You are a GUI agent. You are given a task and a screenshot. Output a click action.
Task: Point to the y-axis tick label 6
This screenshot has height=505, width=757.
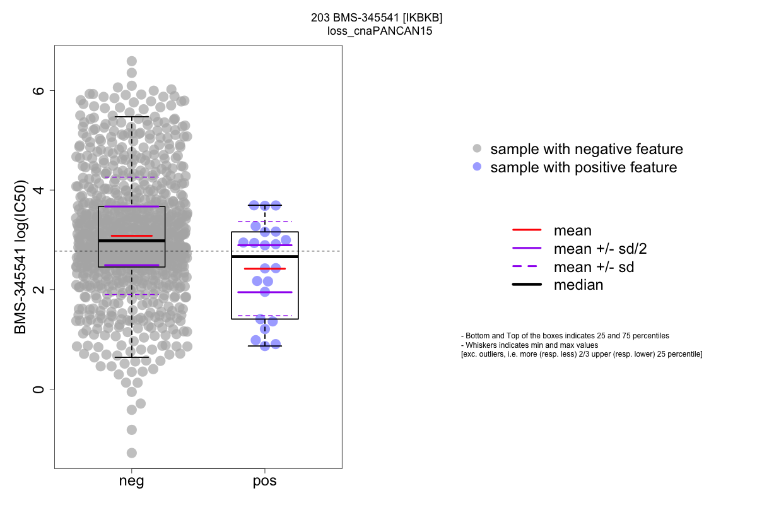[39, 91]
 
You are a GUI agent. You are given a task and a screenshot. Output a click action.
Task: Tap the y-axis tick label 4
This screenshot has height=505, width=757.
[39, 190]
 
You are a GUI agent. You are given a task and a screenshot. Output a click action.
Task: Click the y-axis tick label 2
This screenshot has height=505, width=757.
[39, 290]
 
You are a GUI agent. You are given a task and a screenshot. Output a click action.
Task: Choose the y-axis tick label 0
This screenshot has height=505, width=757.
[39, 389]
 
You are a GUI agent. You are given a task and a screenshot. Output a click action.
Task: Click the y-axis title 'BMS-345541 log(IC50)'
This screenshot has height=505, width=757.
[21, 258]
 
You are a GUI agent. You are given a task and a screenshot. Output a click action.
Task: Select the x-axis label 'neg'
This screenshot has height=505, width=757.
[131, 482]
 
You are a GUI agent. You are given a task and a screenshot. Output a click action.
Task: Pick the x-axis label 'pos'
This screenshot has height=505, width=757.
[265, 482]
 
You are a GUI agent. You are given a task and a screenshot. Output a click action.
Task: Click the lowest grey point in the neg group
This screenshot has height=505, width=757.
[132, 453]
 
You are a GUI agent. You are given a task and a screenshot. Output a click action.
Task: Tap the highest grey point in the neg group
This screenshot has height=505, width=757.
[132, 61]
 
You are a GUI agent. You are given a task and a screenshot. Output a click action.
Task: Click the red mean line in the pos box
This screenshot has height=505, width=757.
[265, 269]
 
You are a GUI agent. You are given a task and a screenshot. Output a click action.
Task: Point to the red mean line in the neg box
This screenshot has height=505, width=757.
[132, 236]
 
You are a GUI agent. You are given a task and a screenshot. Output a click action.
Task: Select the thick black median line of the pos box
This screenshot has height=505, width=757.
[265, 257]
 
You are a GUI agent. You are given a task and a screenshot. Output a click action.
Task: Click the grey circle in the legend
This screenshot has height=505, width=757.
[478, 149]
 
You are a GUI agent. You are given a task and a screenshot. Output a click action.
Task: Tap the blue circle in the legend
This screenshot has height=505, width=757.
[478, 167]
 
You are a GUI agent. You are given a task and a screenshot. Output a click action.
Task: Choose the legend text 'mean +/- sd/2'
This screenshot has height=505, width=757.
[600, 249]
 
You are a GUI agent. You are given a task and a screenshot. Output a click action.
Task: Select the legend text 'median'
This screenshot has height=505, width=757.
[578, 285]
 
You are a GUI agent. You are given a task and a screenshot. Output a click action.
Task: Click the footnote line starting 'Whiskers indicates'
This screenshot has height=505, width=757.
[530, 345]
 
